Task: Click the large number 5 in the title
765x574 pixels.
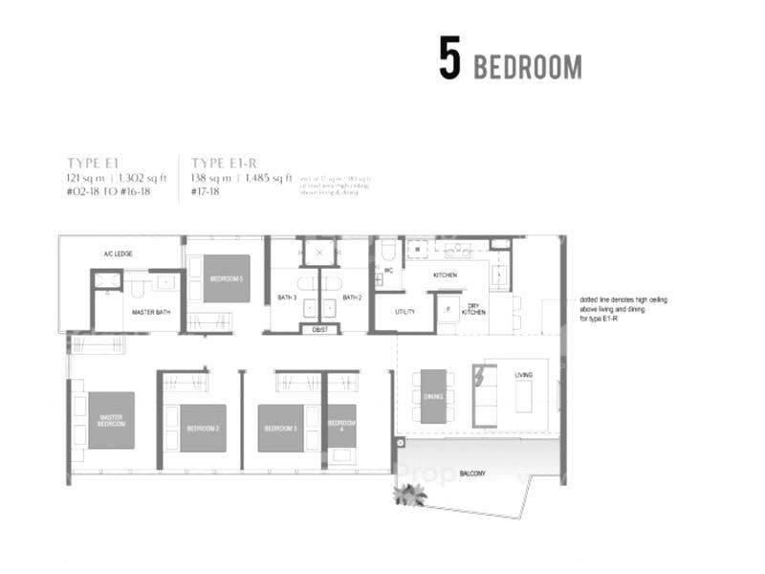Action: coord(449,58)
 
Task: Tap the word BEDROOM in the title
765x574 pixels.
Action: coord(527,67)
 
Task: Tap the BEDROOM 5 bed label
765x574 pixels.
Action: coord(227,278)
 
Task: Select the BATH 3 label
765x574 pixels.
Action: coord(287,298)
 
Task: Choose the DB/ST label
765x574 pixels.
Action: coord(318,328)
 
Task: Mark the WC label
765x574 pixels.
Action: coord(388,271)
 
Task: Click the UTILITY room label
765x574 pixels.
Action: coord(404,312)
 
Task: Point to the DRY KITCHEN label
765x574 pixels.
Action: coord(473,310)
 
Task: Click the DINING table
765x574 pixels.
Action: coord(433,395)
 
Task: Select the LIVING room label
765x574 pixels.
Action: coord(523,375)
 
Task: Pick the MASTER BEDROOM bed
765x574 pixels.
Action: coord(110,420)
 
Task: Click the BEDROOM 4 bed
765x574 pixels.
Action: coord(341,427)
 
